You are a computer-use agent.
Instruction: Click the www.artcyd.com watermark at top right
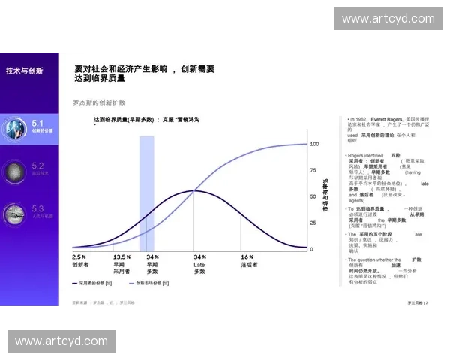tap(387, 18)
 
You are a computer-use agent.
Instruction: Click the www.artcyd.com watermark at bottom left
tap(61, 341)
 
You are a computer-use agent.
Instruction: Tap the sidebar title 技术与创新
tap(25, 70)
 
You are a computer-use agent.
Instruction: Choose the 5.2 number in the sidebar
tap(38, 166)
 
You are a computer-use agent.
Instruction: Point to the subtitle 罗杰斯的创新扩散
tap(99, 102)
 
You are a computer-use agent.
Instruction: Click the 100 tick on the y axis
tap(314, 144)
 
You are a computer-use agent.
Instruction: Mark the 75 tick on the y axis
tap(313, 170)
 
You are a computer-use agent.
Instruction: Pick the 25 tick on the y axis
tap(313, 223)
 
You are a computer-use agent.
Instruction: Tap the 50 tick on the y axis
tap(313, 196)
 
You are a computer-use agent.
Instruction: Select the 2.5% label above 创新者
tap(79, 256)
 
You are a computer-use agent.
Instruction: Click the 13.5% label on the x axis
tap(121, 256)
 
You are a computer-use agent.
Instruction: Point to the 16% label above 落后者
tap(247, 256)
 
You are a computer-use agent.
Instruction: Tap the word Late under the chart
tap(199, 264)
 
